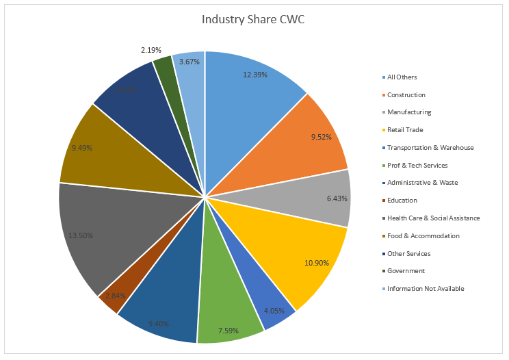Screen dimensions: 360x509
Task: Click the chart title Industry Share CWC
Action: tap(253, 19)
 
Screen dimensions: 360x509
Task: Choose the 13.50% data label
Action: tap(81, 235)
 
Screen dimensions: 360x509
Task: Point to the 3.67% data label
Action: tap(190, 62)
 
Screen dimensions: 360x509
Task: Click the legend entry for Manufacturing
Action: tap(409, 112)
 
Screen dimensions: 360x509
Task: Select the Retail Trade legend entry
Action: tap(404, 129)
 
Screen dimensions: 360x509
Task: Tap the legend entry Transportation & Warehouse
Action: tap(430, 147)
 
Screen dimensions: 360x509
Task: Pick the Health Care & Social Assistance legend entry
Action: tap(433, 218)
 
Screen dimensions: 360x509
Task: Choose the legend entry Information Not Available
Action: tap(426, 288)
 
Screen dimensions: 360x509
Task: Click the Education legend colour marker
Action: tap(384, 201)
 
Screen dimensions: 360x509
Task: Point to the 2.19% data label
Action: tap(151, 50)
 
